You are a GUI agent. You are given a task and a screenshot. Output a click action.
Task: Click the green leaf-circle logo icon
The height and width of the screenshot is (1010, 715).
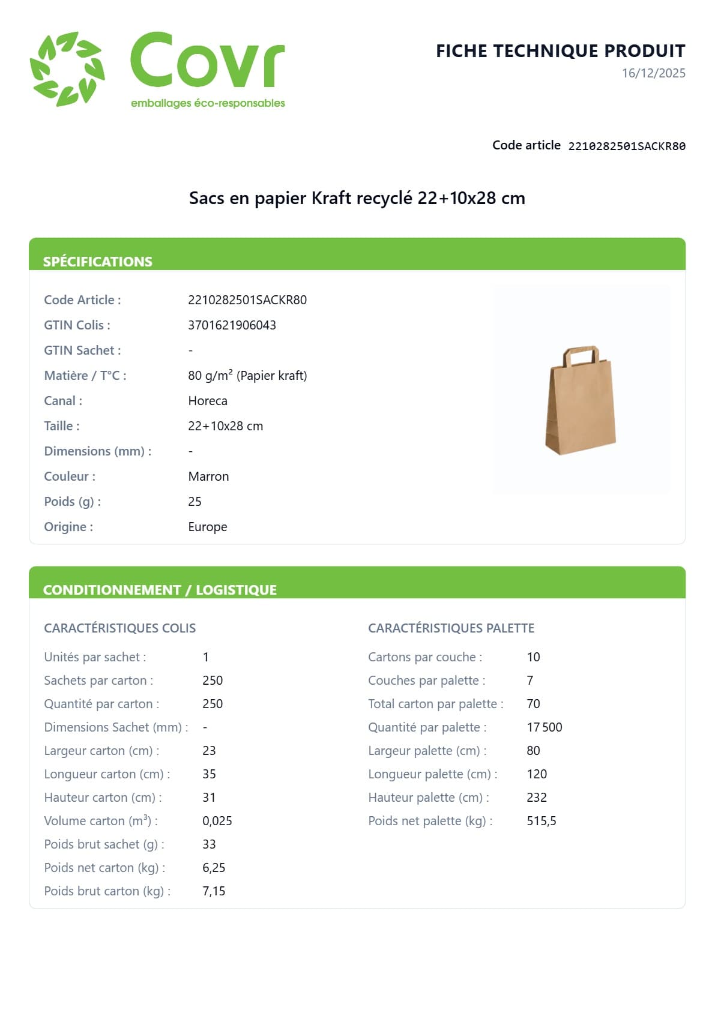coord(67,69)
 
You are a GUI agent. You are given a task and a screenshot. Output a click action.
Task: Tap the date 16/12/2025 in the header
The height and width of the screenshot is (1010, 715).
coord(653,73)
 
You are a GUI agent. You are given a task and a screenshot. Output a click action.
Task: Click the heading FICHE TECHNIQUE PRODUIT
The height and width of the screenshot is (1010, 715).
coord(560,51)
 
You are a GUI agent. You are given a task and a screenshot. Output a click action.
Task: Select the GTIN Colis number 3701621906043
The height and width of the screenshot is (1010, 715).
coord(232,325)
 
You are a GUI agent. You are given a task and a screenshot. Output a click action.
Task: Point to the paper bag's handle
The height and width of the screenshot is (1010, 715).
coord(581,355)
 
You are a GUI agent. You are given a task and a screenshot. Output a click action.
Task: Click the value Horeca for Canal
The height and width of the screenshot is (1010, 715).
coord(208,401)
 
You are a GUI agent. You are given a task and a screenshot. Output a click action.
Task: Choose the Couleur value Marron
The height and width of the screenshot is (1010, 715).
coord(208,476)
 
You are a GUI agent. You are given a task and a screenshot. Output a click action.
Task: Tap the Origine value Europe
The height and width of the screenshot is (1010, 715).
coord(208,527)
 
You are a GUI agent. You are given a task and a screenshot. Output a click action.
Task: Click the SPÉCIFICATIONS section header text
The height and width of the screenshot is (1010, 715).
coord(98,262)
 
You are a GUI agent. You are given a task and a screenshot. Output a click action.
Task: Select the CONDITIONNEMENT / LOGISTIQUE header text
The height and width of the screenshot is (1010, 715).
coord(160,590)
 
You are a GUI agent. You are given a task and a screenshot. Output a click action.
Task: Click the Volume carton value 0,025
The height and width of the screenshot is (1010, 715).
coord(217,821)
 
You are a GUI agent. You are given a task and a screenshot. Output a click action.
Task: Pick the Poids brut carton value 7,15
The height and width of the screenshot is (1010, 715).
coord(214,891)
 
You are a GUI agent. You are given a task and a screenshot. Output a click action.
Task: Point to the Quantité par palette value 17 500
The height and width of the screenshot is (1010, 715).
coord(545,727)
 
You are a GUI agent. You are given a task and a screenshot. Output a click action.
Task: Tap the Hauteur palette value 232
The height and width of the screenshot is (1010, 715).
coord(537,798)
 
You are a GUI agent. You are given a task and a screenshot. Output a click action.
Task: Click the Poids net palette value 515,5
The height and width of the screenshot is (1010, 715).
coord(542,821)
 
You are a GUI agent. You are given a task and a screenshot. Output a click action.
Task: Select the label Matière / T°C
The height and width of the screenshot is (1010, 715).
coord(85,376)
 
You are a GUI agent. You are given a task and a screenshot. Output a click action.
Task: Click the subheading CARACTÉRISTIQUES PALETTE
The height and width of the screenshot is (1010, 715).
coord(451,628)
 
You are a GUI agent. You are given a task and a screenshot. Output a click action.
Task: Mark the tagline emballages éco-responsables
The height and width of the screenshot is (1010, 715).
coord(208,103)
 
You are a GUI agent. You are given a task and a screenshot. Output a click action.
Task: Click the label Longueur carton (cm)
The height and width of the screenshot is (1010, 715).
coord(107,774)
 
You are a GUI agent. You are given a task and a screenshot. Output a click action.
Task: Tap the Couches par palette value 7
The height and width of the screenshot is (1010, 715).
coord(530,681)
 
